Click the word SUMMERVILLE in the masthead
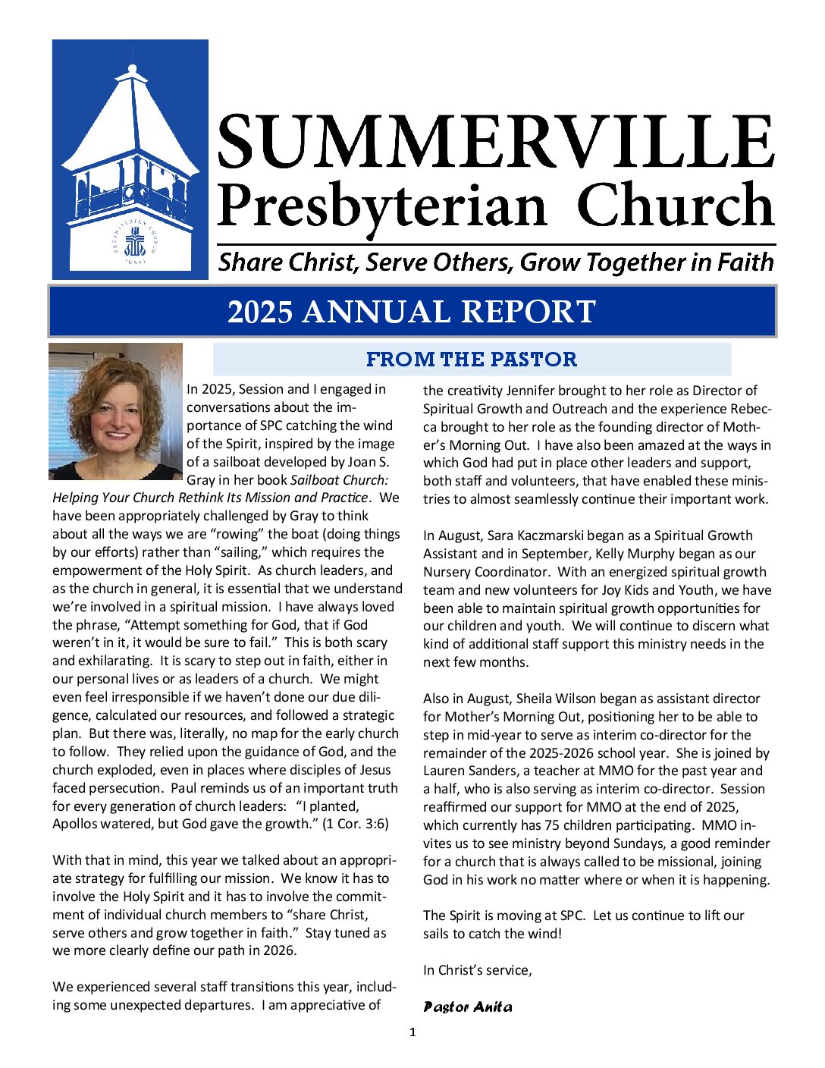497,143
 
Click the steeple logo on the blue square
130,159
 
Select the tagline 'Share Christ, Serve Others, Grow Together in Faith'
496,262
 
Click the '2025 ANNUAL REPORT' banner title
412,312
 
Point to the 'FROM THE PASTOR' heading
472,359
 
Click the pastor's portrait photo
116,411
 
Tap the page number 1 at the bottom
412,1032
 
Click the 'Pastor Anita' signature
468,1007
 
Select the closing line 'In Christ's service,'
478,970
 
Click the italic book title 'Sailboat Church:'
339,480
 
